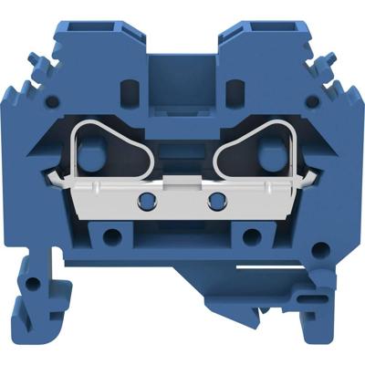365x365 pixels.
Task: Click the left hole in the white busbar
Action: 143,199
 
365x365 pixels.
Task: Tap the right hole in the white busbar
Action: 217,199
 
